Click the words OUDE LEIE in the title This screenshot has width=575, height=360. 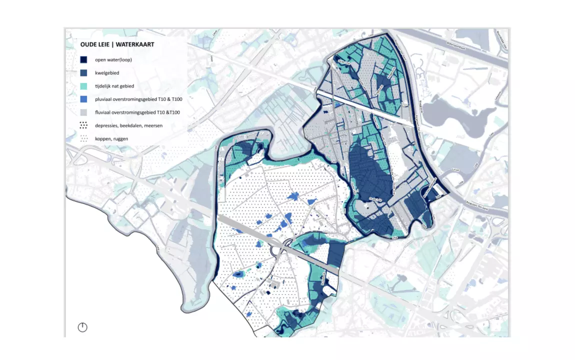point(95,44)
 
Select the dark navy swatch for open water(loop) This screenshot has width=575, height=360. point(83,59)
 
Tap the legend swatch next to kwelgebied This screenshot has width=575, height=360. point(83,73)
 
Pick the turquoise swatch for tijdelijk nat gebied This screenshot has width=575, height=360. point(83,86)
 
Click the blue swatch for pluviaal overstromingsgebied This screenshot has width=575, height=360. point(83,99)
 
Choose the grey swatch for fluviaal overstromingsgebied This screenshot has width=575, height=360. point(83,112)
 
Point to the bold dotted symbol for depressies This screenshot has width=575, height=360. point(83,125)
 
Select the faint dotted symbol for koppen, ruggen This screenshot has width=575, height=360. point(83,138)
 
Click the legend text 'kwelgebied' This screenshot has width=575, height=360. point(107,73)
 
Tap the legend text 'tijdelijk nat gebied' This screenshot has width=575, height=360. point(114,86)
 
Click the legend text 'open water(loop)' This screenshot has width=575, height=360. point(113,59)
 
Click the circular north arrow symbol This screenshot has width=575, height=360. point(82,327)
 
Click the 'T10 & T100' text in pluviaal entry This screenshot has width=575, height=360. point(169,99)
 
